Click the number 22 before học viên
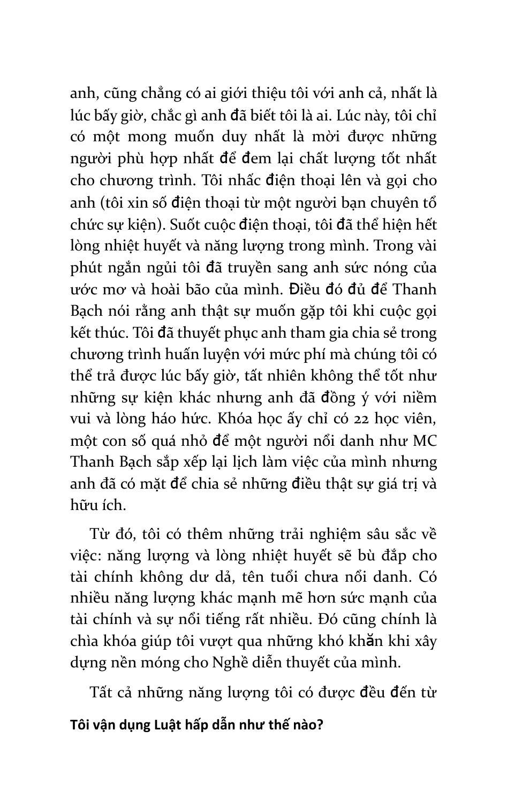334,419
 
